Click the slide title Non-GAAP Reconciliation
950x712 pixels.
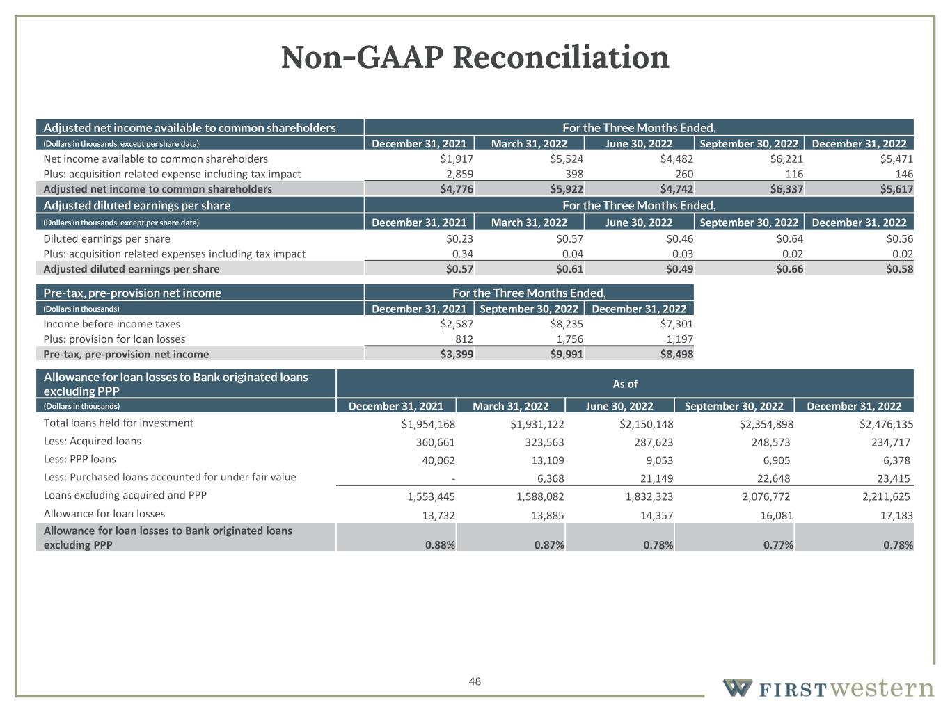(475, 58)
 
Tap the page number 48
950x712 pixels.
(475, 681)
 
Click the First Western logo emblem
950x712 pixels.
(736, 688)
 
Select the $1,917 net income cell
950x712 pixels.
(457, 159)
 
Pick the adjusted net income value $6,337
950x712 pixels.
(784, 189)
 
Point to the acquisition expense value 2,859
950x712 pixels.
(459, 174)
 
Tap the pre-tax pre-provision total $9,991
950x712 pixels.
(567, 355)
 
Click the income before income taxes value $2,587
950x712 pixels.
(457, 324)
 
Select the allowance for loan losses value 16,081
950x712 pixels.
(773, 515)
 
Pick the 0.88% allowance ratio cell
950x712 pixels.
(440, 545)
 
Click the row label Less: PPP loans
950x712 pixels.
(79, 460)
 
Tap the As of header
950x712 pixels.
(624, 384)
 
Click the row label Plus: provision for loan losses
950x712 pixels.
(114, 339)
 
